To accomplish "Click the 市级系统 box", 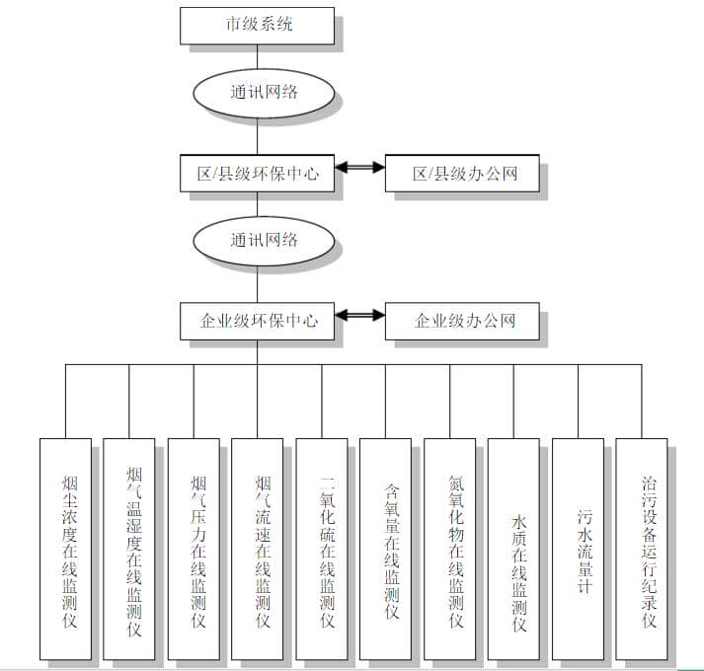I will click(257, 25).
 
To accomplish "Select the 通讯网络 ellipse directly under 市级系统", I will click(257, 93).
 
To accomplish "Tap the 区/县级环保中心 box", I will click(257, 174).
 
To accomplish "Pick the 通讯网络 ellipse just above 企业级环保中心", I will click(257, 240).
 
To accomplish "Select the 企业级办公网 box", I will click(462, 322).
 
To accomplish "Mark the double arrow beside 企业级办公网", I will click(359, 316).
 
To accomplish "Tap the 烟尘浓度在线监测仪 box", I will click(65, 549).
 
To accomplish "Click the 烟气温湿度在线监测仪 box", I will click(129, 549).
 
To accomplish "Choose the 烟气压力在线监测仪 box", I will click(194, 549).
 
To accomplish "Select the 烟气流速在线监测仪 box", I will click(258, 549).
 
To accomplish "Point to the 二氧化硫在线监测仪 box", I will click(322, 549).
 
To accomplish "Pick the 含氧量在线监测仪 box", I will click(386, 549).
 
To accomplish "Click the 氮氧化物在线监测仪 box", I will click(450, 549).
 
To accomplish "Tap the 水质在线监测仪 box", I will click(514, 549).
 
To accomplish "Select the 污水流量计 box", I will click(579, 549).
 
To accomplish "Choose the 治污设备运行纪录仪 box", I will click(643, 549).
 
